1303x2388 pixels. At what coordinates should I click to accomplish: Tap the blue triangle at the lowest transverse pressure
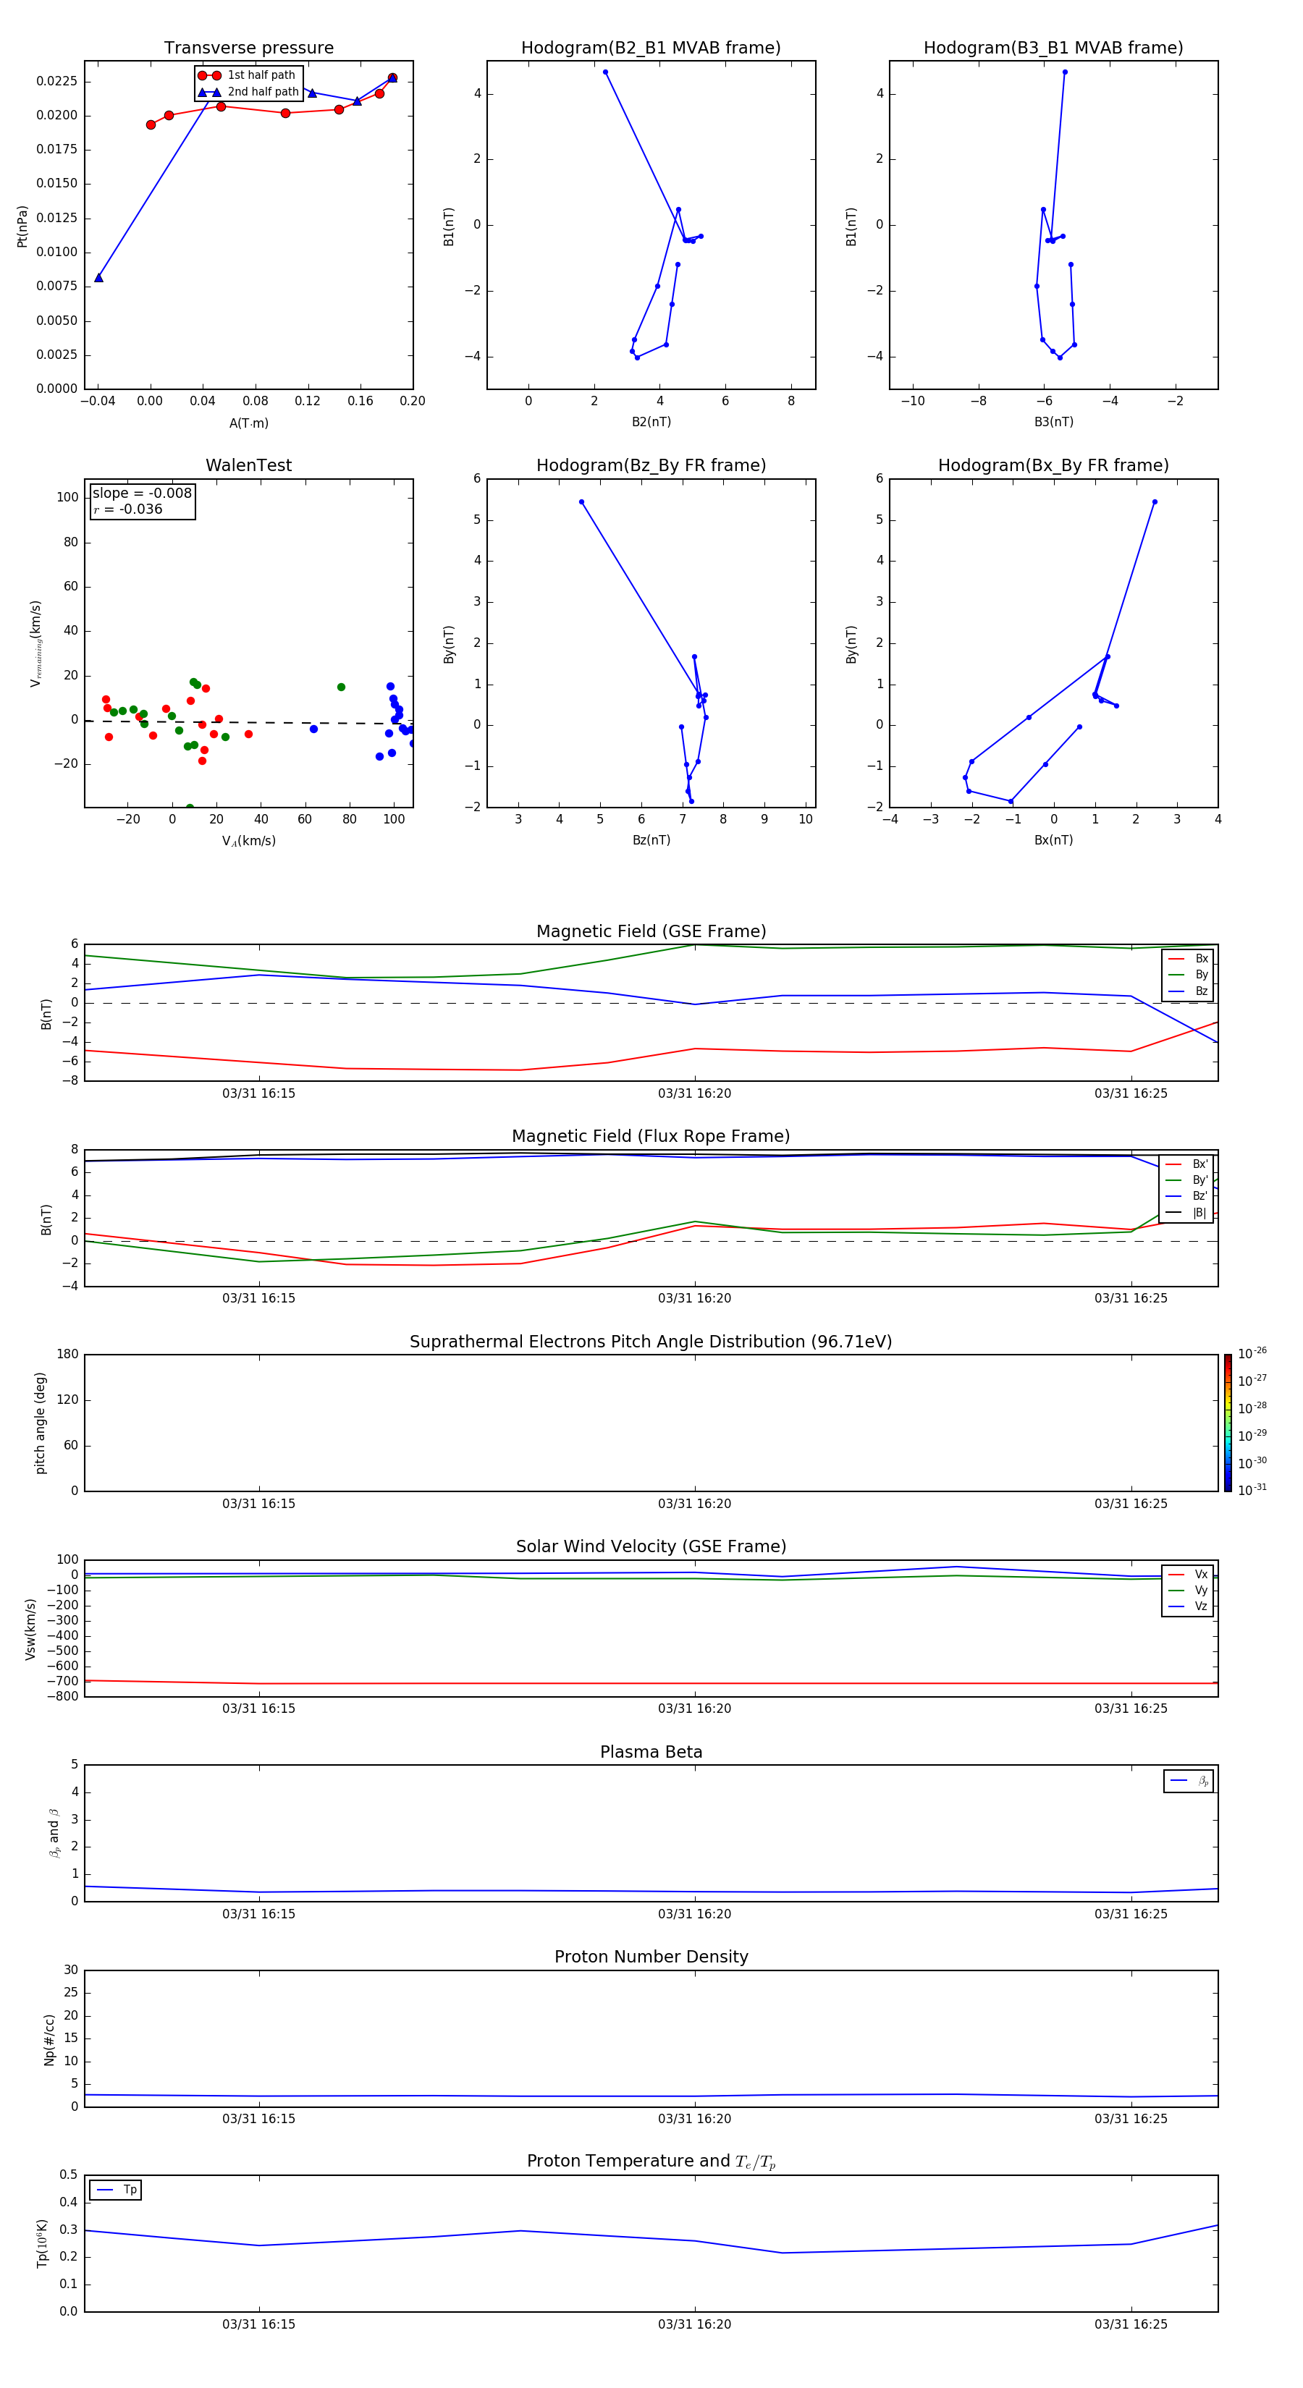click(98, 277)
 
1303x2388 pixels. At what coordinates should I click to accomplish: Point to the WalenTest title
click(248, 465)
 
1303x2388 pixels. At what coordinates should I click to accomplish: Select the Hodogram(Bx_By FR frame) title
click(1053, 465)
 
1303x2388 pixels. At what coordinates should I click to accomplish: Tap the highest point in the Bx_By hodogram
click(1155, 501)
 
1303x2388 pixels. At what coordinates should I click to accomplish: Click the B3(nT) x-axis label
click(1053, 422)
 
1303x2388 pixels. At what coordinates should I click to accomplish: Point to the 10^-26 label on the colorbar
click(1252, 1353)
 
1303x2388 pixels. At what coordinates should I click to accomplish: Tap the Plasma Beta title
click(651, 1752)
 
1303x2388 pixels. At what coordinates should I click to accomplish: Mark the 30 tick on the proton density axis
click(70, 1970)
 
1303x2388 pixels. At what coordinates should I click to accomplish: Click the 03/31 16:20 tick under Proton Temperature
click(695, 2324)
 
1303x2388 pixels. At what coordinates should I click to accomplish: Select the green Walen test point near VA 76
click(341, 687)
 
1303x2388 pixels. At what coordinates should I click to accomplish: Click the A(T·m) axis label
click(248, 423)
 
